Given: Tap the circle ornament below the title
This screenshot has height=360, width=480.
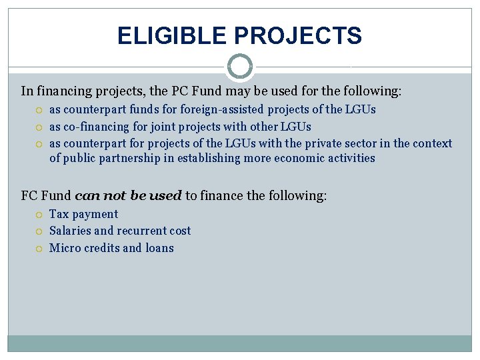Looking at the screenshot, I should coord(240,67).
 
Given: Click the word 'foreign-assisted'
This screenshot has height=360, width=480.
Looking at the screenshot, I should coord(222,109).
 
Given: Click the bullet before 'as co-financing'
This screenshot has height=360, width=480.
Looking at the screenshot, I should coord(40,127).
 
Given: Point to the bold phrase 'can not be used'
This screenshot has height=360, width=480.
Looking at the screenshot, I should coord(128,196).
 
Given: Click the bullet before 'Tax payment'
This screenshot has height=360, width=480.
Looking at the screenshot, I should coord(40,215).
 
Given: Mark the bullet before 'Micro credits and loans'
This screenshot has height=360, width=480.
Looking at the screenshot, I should coord(40,249).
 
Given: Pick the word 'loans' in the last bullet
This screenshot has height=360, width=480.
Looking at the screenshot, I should coord(159,248).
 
